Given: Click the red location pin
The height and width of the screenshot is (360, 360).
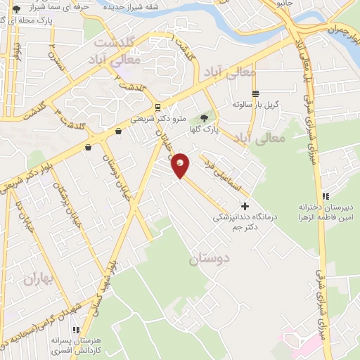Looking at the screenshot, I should (x=181, y=165).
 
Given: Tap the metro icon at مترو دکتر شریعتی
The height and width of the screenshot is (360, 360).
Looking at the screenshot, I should (x=159, y=108).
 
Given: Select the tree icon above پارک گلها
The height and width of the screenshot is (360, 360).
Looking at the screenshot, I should (x=205, y=118).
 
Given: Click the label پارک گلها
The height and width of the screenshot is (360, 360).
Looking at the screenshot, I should (x=207, y=130).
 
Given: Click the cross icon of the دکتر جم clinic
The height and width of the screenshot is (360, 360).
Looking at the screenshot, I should (x=245, y=206).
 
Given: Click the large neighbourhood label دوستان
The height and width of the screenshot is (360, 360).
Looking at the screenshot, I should (x=209, y=259).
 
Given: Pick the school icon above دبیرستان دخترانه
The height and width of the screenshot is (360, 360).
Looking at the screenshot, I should (x=324, y=196).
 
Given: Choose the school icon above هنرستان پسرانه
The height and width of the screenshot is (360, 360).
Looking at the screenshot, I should (x=75, y=330).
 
